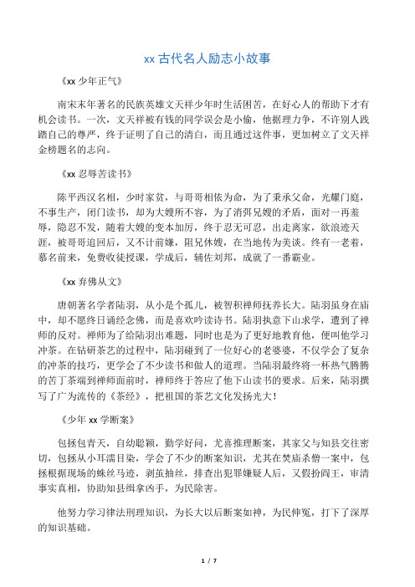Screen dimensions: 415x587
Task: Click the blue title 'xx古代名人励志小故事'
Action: pyautogui.click(x=207, y=59)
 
